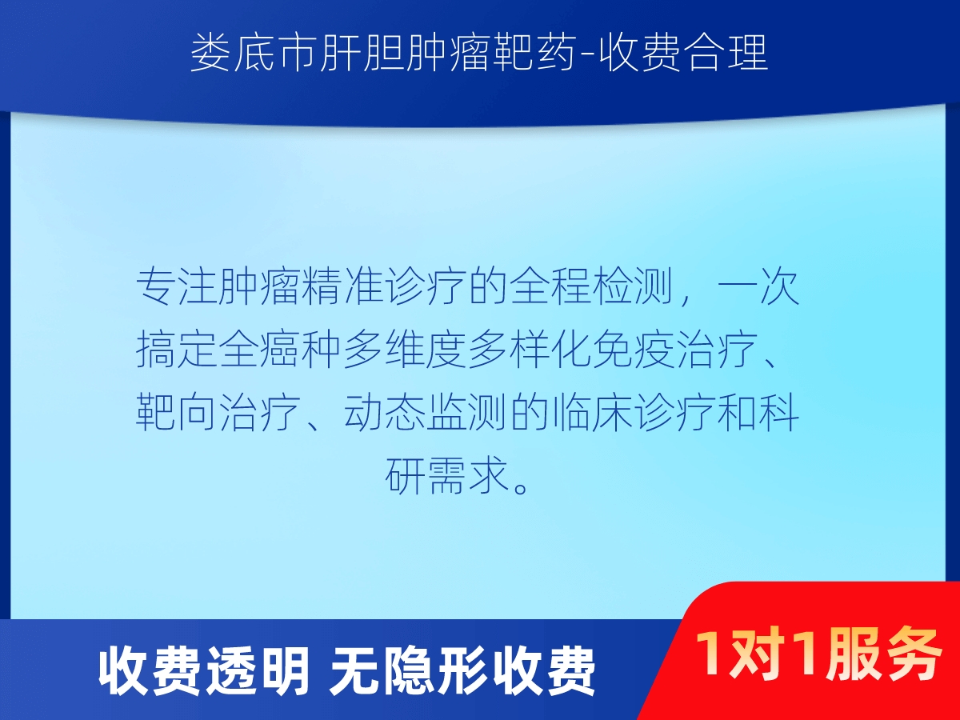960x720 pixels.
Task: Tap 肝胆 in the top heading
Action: (361, 54)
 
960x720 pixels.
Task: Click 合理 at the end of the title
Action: (727, 54)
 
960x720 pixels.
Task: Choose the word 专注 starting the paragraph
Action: (177, 286)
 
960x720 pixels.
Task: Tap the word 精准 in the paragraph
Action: (343, 286)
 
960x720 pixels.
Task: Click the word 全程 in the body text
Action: (551, 286)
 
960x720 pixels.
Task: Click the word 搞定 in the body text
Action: (177, 350)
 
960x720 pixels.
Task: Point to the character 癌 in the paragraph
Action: (282, 350)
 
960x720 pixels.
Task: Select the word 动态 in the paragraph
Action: (385, 412)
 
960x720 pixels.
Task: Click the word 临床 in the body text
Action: (593, 412)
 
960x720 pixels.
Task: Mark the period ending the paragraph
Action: (521, 486)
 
